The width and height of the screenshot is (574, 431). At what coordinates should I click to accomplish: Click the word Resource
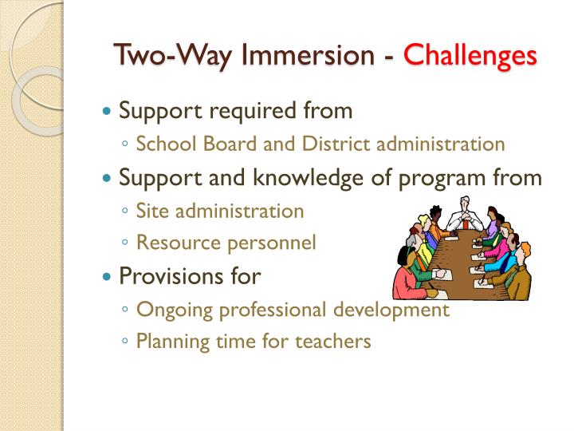coord(172,243)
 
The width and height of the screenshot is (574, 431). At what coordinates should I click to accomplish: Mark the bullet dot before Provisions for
coord(108,277)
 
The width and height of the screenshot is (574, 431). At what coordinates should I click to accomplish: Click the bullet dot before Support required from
coord(108,111)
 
